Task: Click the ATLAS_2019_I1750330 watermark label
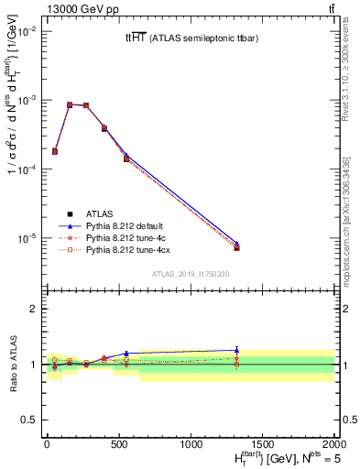191,274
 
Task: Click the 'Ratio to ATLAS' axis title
12,364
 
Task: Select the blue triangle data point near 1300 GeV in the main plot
237,244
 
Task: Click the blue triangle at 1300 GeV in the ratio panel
237,349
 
